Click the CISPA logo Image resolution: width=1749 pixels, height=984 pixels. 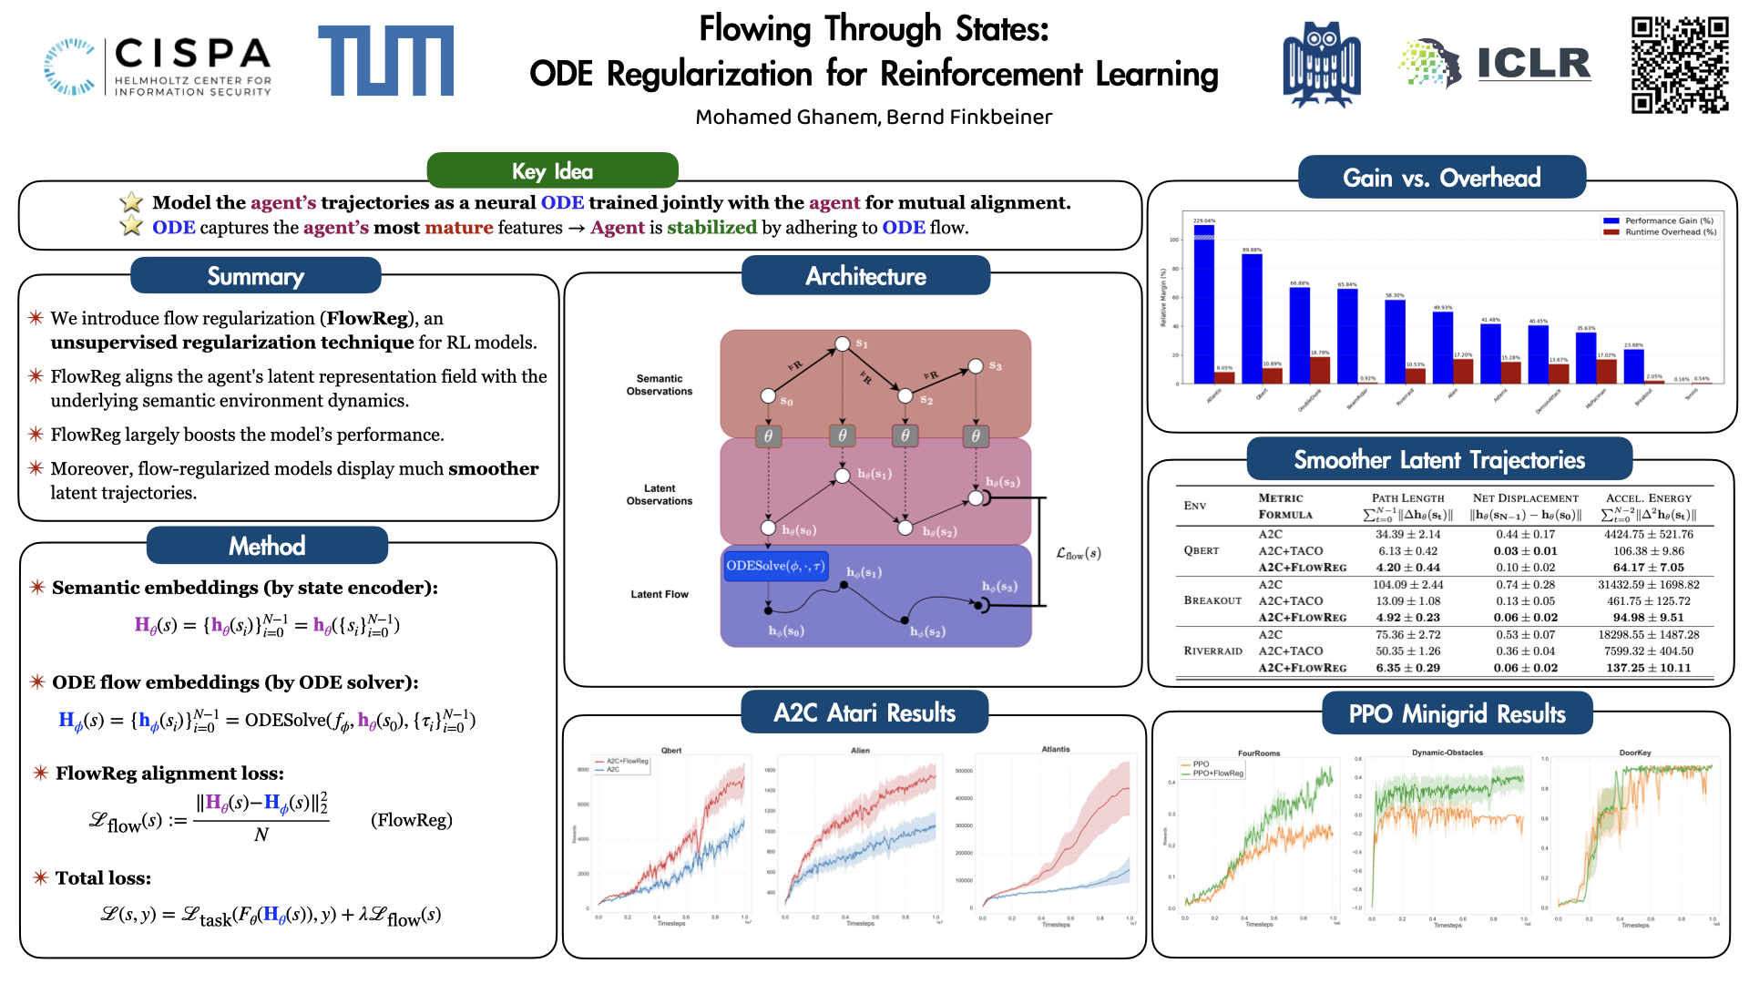(158, 66)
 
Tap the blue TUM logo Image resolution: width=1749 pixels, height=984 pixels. (385, 60)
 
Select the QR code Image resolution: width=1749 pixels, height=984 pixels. (1679, 65)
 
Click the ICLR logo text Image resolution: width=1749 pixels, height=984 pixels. (1533, 63)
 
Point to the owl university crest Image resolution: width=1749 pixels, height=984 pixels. (1321, 65)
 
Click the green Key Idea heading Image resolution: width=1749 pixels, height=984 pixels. (552, 171)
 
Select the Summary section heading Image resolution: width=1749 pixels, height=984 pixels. (255, 276)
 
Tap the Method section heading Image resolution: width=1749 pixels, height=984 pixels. (267, 546)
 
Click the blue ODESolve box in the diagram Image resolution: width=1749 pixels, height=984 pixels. (775, 566)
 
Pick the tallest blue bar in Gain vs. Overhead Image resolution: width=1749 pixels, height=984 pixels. (1203, 305)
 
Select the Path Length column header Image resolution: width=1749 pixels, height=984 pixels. (1407, 498)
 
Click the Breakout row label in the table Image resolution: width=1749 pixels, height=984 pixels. (1212, 600)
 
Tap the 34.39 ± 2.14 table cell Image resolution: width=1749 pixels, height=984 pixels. (1407, 535)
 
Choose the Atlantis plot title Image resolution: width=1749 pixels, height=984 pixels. (1056, 749)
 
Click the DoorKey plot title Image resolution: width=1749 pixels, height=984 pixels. (1635, 753)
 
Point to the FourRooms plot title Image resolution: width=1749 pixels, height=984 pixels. (1259, 753)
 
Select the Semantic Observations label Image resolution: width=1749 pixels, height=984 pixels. (660, 384)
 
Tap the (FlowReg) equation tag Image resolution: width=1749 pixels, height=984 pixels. (412, 820)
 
